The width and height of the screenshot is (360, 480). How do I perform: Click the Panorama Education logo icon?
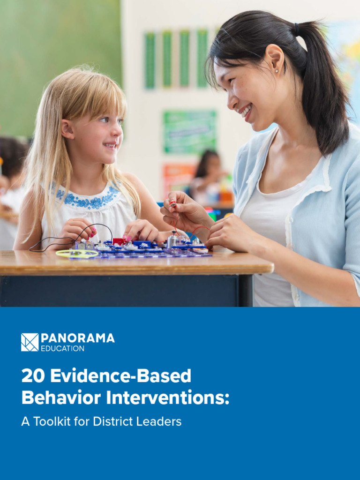(30, 342)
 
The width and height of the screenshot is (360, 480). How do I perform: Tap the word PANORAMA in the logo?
(77, 338)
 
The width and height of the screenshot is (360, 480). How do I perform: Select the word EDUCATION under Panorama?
(62, 349)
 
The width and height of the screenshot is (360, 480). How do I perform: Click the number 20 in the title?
(32, 376)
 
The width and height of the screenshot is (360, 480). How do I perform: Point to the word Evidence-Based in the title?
(120, 376)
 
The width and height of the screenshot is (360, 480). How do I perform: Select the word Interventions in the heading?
(165, 398)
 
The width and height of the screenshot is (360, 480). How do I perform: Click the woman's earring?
(276, 71)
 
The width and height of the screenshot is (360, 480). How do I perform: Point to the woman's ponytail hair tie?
(297, 30)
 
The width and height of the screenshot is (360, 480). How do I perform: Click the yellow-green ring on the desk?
(77, 254)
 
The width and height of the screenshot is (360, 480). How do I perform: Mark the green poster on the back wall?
(189, 132)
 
